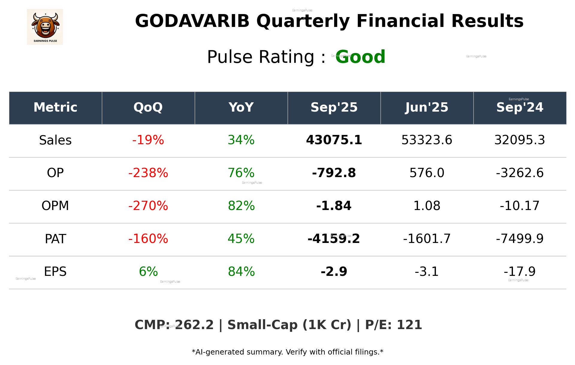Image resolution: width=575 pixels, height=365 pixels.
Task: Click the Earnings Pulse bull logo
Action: pos(45,27)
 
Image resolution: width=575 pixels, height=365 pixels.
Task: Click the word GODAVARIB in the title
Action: pos(192,21)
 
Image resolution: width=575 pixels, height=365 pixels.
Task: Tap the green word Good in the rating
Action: pos(360,57)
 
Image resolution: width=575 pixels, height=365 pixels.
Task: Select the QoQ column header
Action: pos(148,107)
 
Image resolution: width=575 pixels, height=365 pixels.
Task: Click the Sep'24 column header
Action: pos(520,107)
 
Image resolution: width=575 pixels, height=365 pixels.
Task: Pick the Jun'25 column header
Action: pos(427,107)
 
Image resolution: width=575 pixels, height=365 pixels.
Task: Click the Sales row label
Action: pos(55,140)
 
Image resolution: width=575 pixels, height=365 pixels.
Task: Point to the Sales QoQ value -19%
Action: pos(148,140)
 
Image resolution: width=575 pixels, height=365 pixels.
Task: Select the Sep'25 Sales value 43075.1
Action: pos(334,140)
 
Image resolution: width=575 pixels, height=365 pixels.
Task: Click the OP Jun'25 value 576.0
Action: pos(427,173)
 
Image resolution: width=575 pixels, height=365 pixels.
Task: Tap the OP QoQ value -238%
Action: pos(148,173)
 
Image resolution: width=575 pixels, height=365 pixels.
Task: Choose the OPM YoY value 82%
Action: pos(241,206)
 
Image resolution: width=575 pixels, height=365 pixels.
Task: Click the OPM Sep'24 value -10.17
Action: pos(520,206)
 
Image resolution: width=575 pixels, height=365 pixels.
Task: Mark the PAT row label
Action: pos(55,239)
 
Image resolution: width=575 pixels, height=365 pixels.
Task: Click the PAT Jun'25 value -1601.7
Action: pos(427,239)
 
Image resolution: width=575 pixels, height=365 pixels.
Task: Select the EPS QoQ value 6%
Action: pos(148,272)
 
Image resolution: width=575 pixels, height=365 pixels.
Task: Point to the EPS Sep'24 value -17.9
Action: pos(520,272)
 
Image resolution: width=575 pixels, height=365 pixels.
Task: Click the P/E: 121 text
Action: pos(393,325)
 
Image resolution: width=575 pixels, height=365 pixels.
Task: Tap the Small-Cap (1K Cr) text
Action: pos(289,325)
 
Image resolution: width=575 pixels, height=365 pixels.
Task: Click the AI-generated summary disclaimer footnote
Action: pos(287,352)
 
